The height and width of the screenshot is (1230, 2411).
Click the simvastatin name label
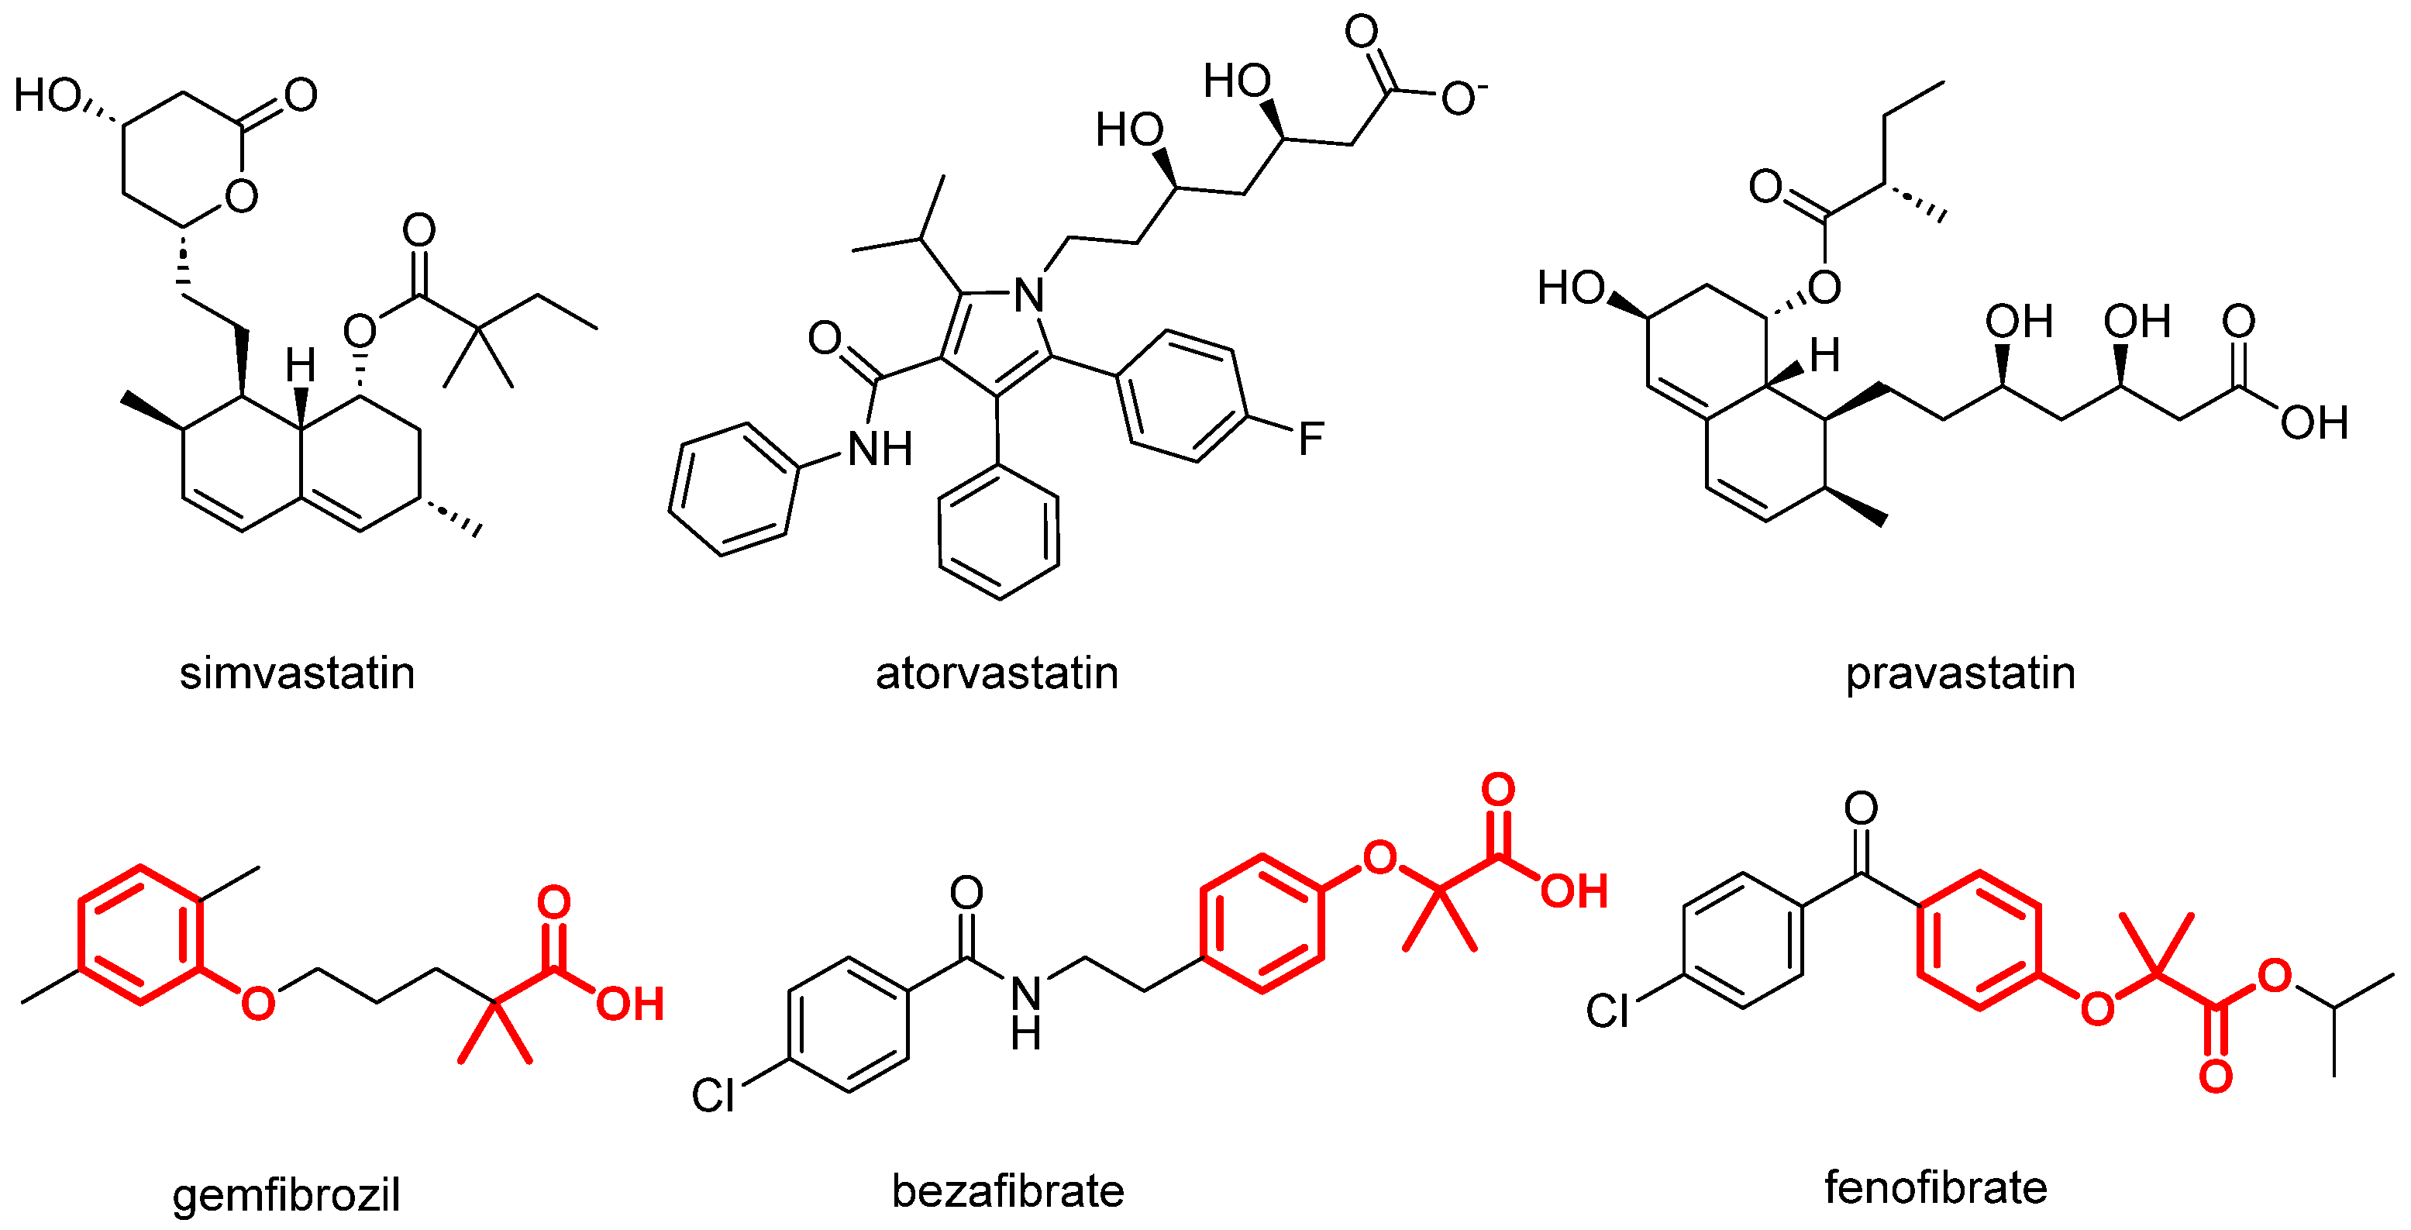297,673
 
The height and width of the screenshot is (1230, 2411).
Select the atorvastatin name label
997,673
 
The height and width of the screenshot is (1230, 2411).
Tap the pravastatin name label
1960,673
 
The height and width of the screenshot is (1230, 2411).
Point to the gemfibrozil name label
287,1194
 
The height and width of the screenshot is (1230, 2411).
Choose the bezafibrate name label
1008,1190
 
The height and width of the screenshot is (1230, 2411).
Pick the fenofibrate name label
1935,1187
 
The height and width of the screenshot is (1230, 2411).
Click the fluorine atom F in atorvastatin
1311,438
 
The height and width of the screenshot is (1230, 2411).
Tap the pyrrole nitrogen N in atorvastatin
1028,296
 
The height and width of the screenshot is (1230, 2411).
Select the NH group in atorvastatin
880,450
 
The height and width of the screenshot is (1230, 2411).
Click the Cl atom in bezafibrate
713,1095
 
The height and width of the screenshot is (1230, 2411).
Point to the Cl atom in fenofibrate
1608,1011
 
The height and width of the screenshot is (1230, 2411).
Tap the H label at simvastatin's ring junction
301,365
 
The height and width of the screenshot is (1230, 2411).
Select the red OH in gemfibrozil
630,1004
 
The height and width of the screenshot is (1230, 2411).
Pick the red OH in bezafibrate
1574,891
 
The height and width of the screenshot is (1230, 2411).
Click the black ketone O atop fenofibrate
1861,808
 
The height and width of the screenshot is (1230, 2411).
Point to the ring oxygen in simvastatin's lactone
242,195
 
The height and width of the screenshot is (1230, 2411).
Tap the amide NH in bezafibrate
1026,1011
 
